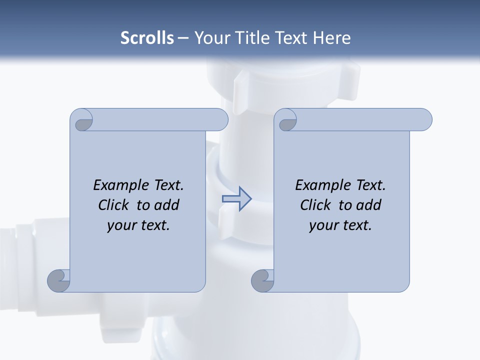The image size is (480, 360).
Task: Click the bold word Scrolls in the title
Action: point(147,38)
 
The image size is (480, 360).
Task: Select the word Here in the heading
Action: point(332,38)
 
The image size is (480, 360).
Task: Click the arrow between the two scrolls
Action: point(236,199)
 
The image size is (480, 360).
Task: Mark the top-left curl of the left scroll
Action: point(81,120)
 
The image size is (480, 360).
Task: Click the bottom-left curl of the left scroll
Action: point(58,280)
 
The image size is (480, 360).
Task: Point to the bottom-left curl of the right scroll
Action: point(262,280)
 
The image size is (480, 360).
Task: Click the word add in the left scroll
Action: point(166,205)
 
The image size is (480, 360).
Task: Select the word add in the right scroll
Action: point(368,205)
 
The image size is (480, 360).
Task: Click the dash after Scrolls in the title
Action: point(183,38)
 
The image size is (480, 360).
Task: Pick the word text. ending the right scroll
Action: point(356,225)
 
